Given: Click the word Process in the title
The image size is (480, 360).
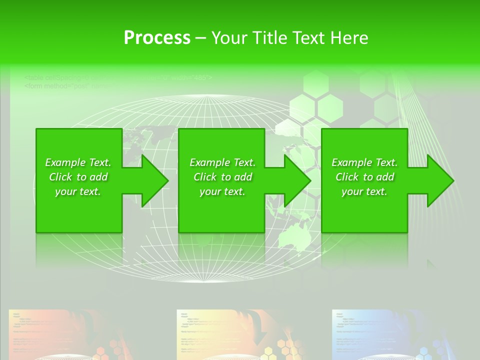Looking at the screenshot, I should (157, 38).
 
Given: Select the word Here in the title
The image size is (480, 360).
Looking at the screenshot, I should (349, 38).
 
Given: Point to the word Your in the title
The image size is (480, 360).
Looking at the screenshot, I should (229, 38).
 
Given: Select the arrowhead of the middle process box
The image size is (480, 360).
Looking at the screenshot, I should (297, 180).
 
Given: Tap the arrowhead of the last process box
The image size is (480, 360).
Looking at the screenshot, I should (439, 180).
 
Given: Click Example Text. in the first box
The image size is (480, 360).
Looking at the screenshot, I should (78, 162).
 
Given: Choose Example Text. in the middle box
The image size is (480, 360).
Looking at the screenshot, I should (222, 162).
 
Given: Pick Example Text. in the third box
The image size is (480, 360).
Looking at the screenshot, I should (364, 162).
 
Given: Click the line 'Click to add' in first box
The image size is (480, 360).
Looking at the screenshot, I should (78, 177).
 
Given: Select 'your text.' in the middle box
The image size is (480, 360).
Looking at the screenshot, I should (222, 191).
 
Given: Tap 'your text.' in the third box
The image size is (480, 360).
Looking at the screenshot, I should (364, 191).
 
